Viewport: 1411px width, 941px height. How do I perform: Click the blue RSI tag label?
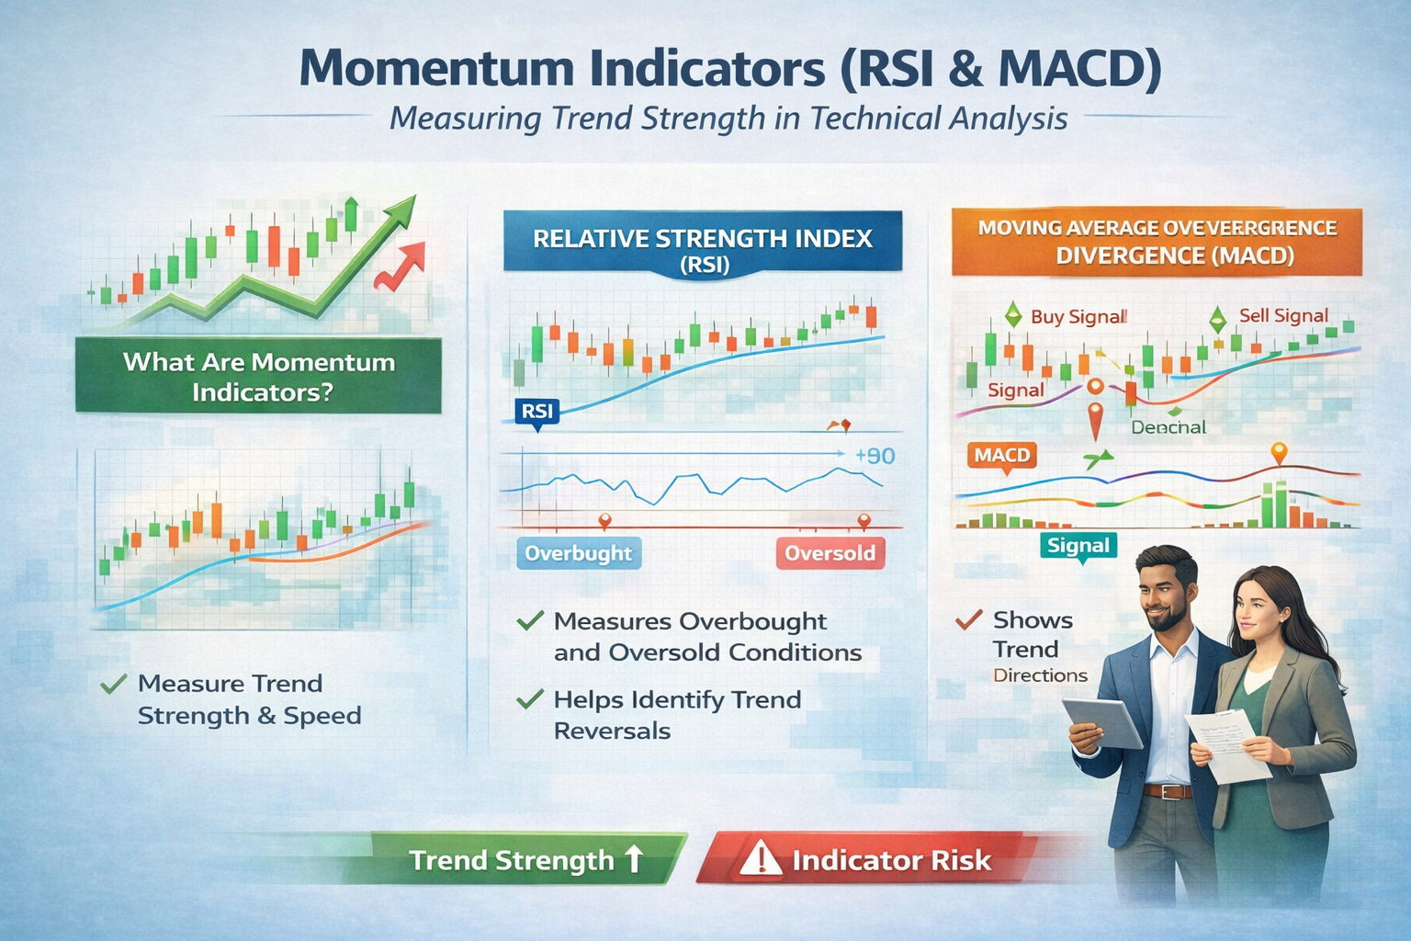click(536, 412)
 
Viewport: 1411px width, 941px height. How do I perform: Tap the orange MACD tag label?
click(1001, 455)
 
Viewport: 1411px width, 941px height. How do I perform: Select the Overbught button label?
click(578, 553)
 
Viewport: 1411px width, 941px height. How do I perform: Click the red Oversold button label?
click(830, 553)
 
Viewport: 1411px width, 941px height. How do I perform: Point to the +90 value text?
click(874, 456)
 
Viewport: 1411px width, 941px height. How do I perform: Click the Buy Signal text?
click(1078, 317)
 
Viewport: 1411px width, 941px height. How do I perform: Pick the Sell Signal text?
click(1283, 316)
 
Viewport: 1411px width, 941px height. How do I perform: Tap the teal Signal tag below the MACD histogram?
click(1078, 546)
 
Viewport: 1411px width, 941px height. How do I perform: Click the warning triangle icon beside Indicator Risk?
click(760, 858)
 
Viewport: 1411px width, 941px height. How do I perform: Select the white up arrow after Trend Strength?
click(634, 858)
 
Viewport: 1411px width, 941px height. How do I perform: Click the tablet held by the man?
click(1102, 721)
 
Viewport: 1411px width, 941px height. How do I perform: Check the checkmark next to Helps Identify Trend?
click(530, 700)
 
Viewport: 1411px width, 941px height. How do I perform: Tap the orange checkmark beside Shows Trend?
click(968, 620)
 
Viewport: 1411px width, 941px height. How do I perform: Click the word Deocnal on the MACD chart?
click(1168, 427)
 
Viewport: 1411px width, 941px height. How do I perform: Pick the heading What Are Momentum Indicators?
click(259, 377)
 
